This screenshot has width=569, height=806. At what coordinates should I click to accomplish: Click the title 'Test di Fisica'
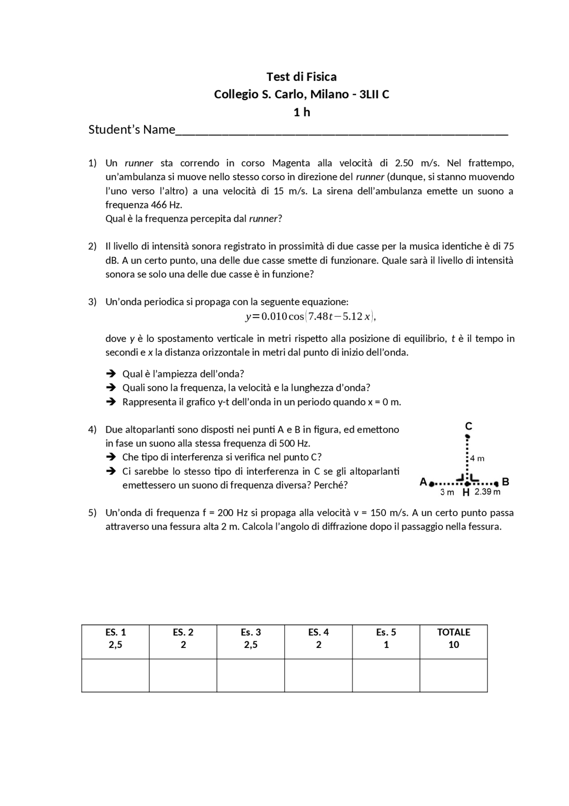(x=301, y=77)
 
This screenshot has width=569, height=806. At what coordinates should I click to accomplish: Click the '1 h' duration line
(x=301, y=112)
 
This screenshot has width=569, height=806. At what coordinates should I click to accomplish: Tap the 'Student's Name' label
(x=132, y=130)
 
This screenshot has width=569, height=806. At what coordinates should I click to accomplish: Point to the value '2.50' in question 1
(x=404, y=163)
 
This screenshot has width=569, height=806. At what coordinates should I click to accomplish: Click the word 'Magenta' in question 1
(x=291, y=163)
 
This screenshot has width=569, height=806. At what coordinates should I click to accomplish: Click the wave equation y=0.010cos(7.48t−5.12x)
(x=311, y=316)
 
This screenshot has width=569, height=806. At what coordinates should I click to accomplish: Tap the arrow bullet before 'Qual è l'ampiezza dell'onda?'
(x=111, y=373)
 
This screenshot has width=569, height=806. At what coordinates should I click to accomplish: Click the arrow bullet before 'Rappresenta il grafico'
(x=111, y=402)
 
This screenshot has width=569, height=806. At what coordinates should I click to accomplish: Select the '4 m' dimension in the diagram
(x=477, y=458)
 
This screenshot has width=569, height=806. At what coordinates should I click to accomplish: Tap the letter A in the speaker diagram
(x=423, y=482)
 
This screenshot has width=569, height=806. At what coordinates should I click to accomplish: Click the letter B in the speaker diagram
(x=505, y=482)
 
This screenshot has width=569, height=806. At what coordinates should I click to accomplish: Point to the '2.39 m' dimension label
(x=487, y=492)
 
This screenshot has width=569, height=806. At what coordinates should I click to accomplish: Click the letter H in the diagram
(x=466, y=492)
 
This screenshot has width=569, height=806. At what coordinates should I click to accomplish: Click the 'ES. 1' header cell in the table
(x=116, y=638)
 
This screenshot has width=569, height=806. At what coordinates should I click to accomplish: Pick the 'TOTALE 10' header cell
(x=453, y=638)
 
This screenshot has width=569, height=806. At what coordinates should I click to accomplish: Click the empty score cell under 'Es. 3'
(x=251, y=675)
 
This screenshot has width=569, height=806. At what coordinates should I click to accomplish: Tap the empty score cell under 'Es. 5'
(x=386, y=675)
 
